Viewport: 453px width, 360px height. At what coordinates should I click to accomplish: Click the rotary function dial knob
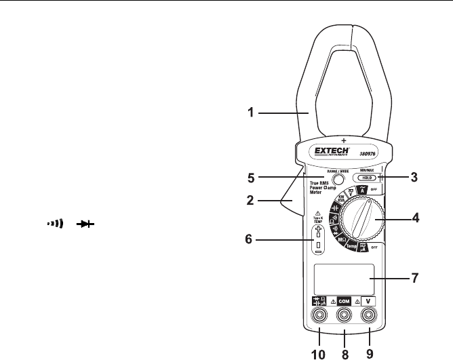[357, 221]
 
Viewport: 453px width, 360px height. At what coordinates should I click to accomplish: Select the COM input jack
[344, 316]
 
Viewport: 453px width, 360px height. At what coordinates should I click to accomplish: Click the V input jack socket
[369, 316]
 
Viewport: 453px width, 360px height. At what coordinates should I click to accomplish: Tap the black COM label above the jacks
[344, 299]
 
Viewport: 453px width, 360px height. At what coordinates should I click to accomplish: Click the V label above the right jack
[368, 299]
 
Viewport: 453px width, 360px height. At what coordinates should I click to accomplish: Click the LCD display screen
[345, 277]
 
